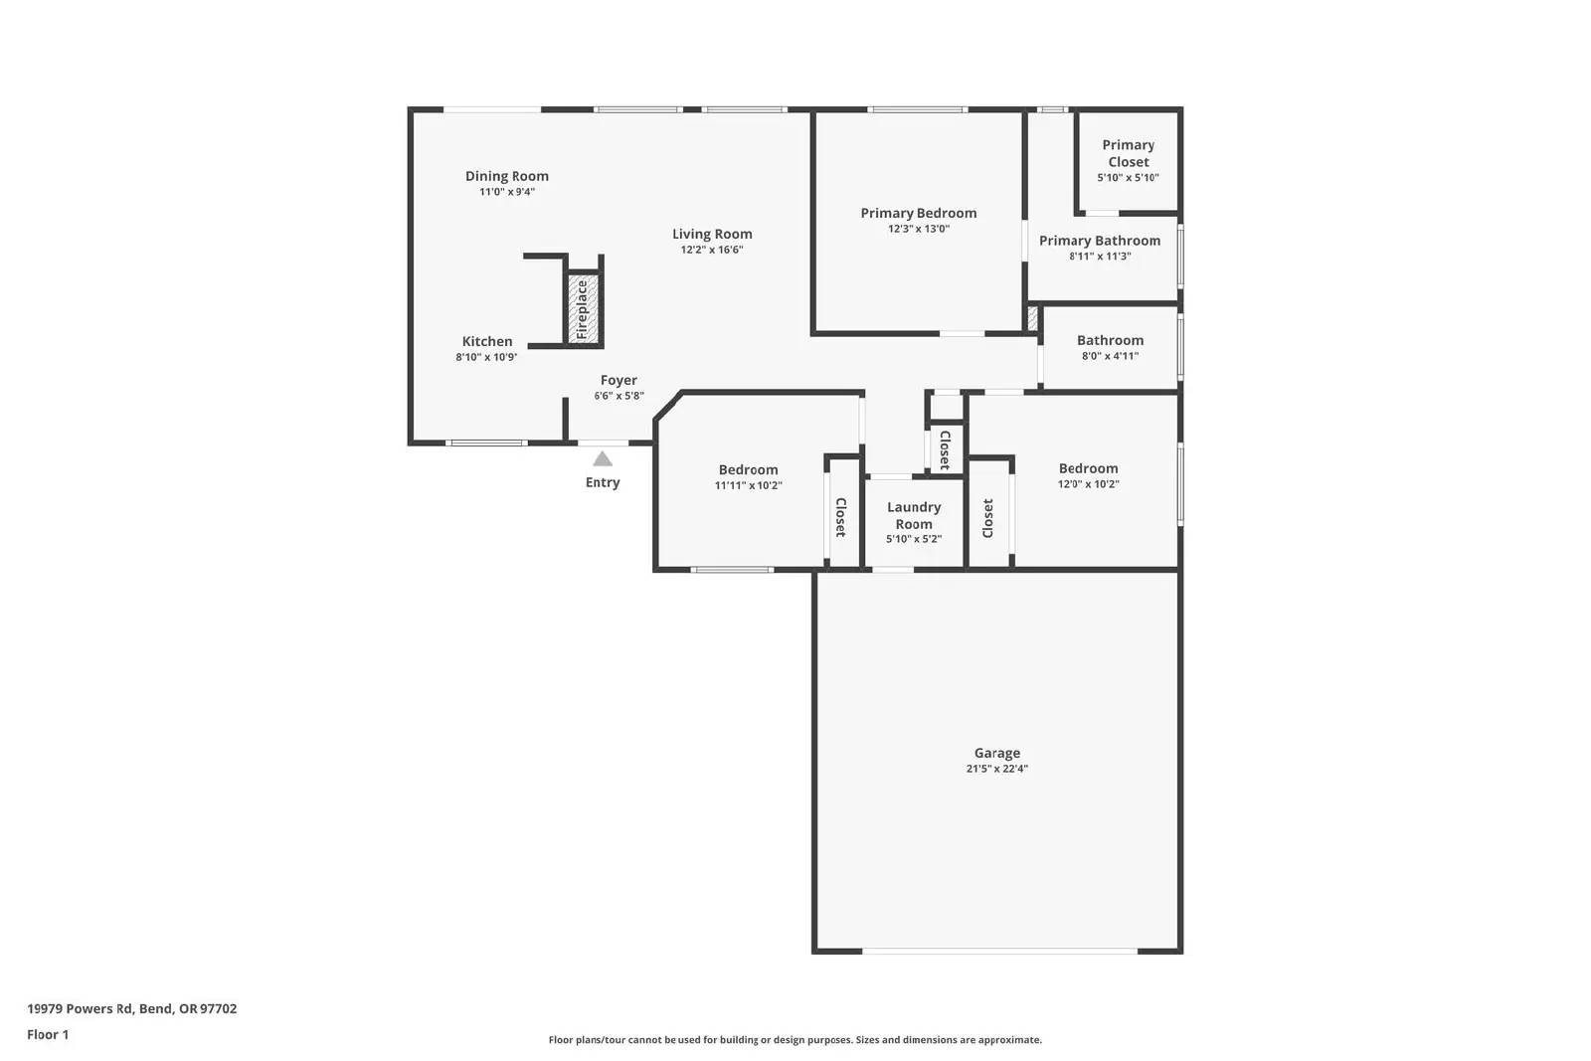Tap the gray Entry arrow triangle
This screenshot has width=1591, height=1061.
pos(603,458)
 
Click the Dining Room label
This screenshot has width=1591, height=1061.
pos(507,176)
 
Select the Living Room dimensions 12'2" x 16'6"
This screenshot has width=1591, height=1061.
pos(712,250)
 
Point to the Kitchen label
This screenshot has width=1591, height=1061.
pos(487,341)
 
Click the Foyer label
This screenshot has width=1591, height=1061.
pos(619,380)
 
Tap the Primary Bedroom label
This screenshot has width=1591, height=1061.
pos(919,213)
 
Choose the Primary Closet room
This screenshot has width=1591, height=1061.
pos(1128,159)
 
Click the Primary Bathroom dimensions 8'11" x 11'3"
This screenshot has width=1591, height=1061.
pos(1100,256)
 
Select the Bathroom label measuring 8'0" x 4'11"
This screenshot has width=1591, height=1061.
pos(1110,340)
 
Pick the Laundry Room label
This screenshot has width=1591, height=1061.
pos(914,515)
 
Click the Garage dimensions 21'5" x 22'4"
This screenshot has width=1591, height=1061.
pos(996,769)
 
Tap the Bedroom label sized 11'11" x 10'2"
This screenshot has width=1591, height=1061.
pos(749,469)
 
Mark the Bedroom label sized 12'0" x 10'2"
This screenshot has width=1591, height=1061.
pos(1088,468)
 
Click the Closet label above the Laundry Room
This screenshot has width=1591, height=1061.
pos(945,449)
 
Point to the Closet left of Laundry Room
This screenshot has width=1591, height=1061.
pos(840,517)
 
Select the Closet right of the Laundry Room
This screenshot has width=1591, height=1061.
pos(987,518)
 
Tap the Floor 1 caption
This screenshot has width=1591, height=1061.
pos(48,1034)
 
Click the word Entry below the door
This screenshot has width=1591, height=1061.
pos(603,482)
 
